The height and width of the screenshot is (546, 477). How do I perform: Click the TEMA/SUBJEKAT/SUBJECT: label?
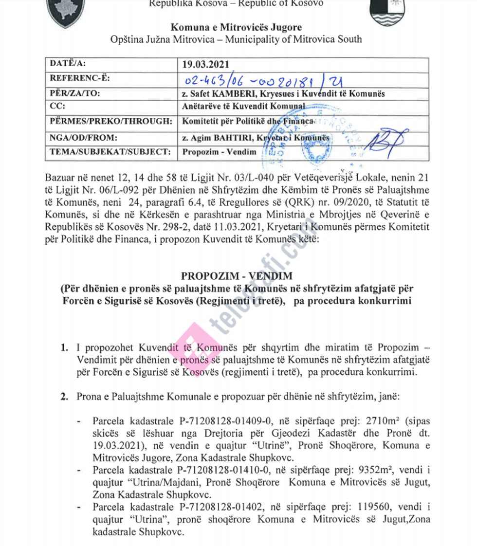tap(110, 152)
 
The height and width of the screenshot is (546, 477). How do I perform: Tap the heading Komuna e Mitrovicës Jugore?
tap(236, 27)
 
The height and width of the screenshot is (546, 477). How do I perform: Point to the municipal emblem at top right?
tap(387, 13)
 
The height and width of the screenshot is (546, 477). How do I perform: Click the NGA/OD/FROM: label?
tap(80, 138)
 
